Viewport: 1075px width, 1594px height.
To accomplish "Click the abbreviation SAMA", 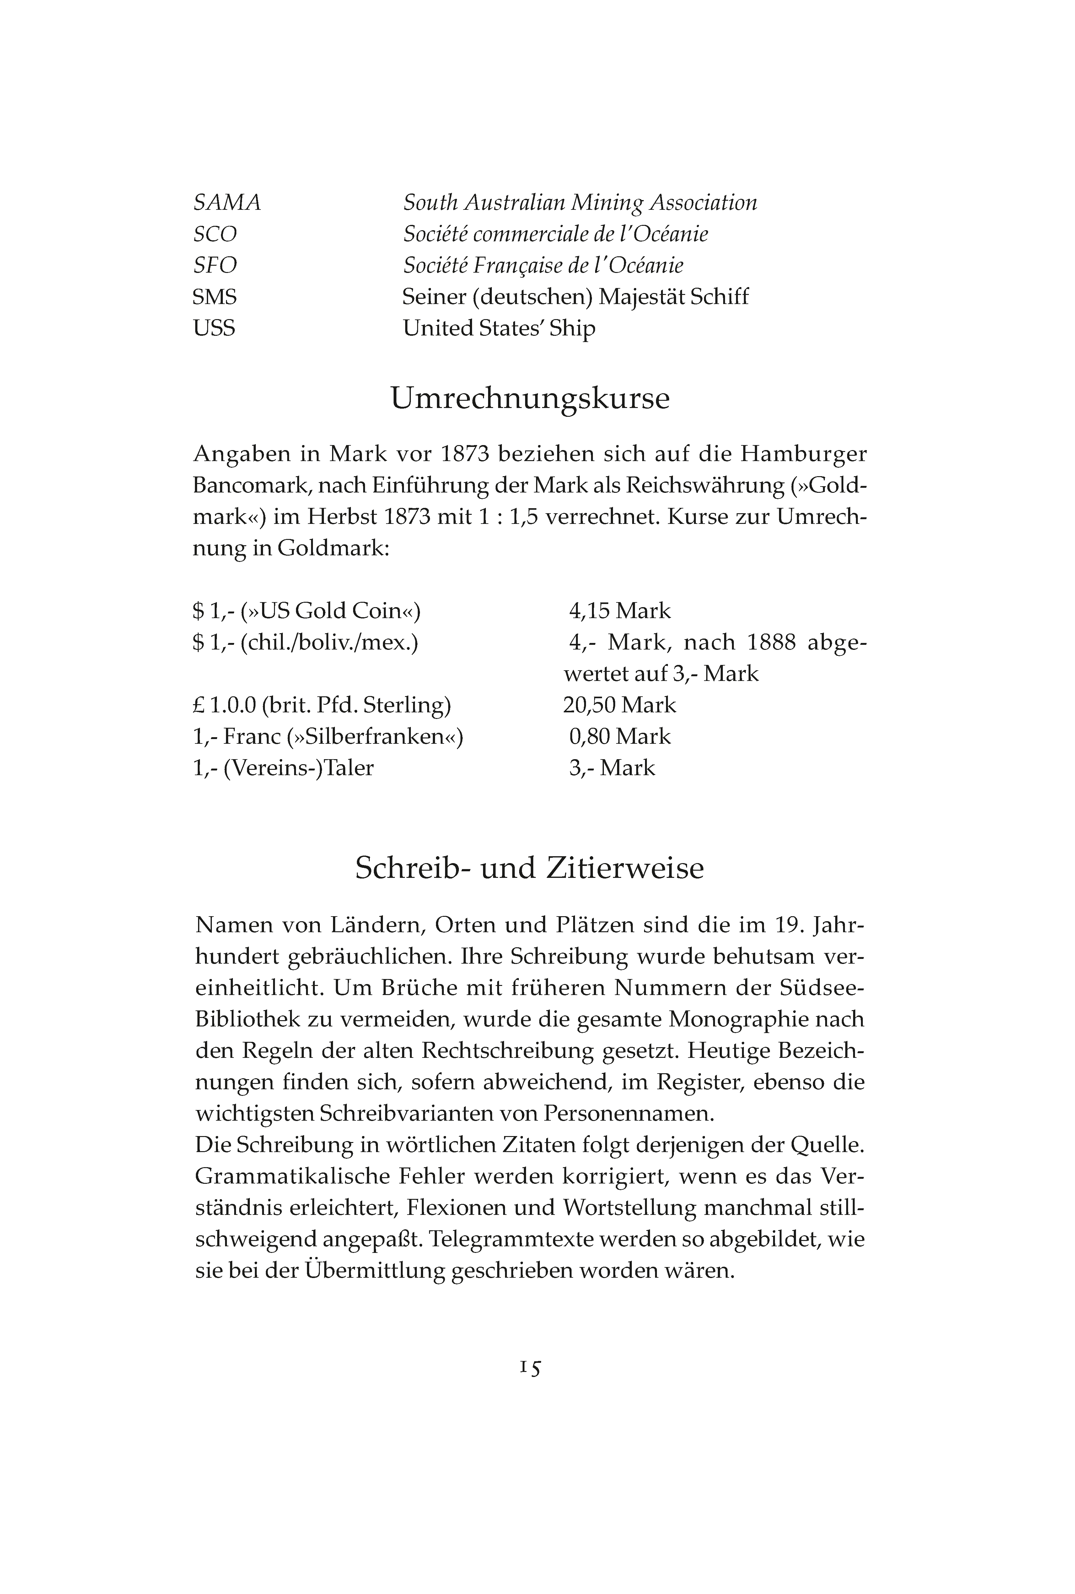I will pyautogui.click(x=227, y=203).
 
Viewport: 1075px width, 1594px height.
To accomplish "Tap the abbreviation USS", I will pyautogui.click(x=214, y=329).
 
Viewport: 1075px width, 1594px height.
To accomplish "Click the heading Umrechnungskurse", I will pyautogui.click(x=530, y=399).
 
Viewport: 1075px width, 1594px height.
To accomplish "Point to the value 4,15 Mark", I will pyautogui.click(x=620, y=611).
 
